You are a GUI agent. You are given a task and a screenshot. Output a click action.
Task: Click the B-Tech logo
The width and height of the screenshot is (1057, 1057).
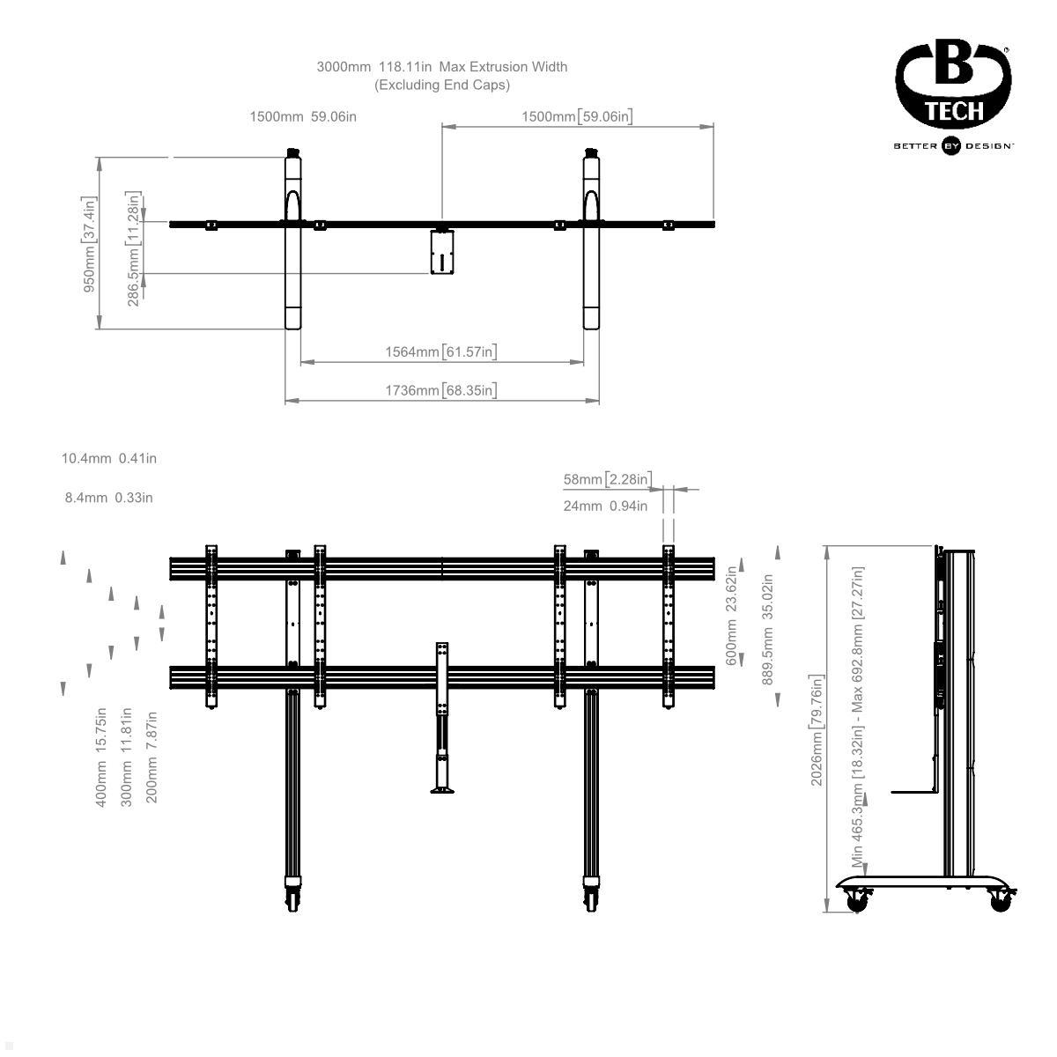point(953,88)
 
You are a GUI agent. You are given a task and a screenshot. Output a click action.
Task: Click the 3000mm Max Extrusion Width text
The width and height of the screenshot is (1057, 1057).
point(442,67)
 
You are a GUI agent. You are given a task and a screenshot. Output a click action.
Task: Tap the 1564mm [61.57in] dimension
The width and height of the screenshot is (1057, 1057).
point(440,352)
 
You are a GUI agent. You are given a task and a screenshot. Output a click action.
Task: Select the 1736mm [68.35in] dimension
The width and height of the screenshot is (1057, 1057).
point(440,390)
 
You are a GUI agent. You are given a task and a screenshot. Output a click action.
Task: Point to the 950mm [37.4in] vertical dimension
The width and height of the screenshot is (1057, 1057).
point(90,244)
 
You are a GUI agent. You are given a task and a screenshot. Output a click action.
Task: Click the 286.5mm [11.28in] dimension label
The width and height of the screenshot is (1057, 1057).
point(134,248)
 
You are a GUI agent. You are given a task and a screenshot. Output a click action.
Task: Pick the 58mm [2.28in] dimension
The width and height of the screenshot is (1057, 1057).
point(608,479)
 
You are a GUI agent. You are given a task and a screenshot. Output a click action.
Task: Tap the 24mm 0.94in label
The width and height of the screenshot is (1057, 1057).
point(605,506)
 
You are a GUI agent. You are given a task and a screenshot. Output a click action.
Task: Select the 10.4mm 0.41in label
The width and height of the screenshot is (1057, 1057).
point(109,458)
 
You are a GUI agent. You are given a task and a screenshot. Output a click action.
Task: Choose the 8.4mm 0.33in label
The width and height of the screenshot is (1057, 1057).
point(109,498)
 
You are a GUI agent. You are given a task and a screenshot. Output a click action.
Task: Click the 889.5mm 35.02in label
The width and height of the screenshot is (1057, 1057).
point(767,629)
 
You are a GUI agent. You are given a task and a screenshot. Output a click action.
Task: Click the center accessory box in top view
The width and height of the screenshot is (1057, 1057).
point(441,252)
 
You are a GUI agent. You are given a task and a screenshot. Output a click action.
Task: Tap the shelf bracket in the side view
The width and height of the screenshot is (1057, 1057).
point(912,791)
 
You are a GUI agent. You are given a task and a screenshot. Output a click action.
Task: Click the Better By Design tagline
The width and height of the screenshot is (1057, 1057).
point(953,146)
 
